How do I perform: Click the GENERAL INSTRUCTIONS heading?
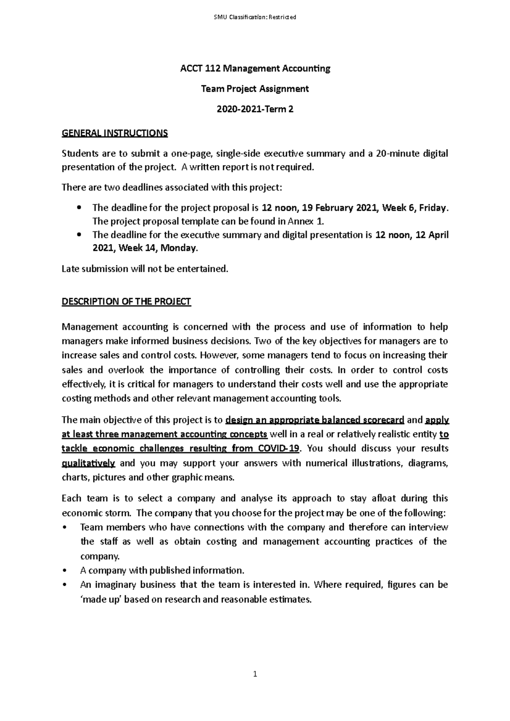pyautogui.click(x=115, y=133)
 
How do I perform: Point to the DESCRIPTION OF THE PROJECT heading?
pyautogui.click(x=126, y=301)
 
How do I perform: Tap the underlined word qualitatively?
pyautogui.click(x=88, y=463)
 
